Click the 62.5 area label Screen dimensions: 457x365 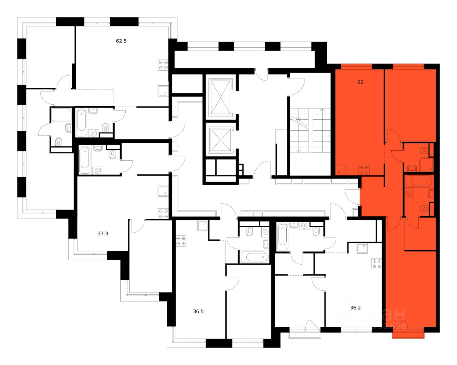pyautogui.click(x=121, y=41)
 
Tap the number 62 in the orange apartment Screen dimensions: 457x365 pyautogui.click(x=361, y=82)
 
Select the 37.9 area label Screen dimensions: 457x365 pyautogui.click(x=103, y=234)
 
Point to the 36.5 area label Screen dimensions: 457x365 pyautogui.click(x=198, y=311)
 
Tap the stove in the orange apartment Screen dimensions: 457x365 pyautogui.click(x=363, y=170)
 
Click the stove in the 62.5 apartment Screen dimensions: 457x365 pyautogui.click(x=163, y=64)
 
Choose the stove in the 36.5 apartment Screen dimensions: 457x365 pyautogui.click(x=181, y=241)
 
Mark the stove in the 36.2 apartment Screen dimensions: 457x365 pyautogui.click(x=377, y=263)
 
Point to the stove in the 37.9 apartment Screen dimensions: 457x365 pyautogui.click(x=163, y=214)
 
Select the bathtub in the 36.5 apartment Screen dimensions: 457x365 pyautogui.click(x=254, y=257)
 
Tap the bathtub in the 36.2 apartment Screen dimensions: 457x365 pyautogui.click(x=282, y=236)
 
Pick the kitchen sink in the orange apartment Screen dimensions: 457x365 pyautogui.click(x=341, y=170)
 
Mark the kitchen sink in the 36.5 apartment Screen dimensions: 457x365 pyautogui.click(x=202, y=226)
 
